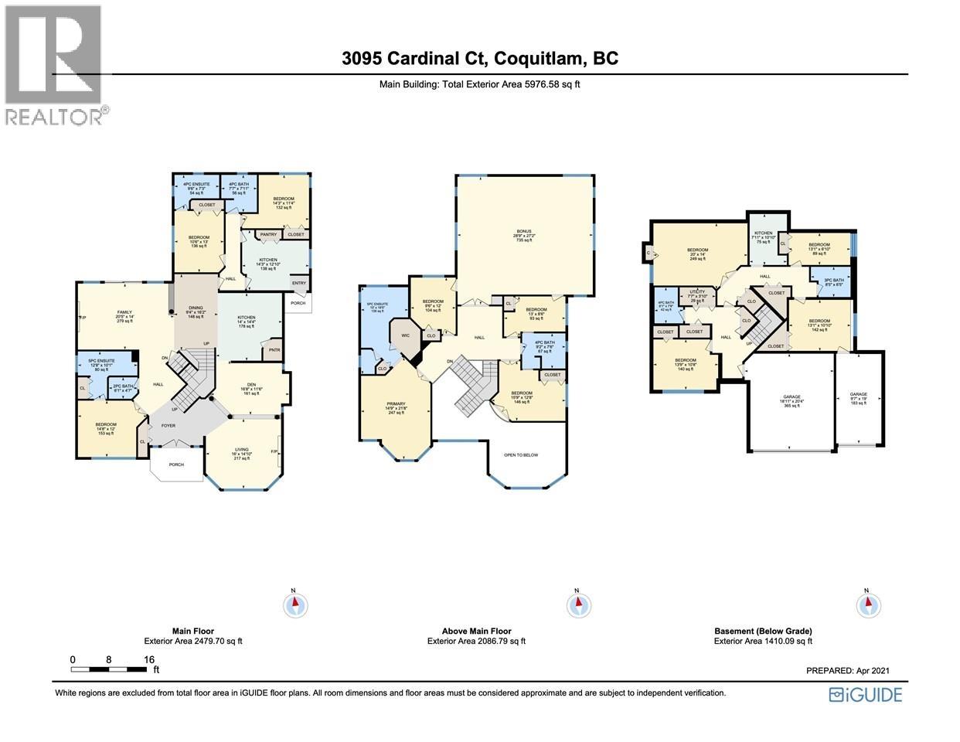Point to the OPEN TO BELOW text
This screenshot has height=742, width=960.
pyautogui.click(x=520, y=454)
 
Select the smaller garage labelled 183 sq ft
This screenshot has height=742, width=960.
pyautogui.click(x=859, y=398)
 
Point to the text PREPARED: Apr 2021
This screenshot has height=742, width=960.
pyautogui.click(x=853, y=671)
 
